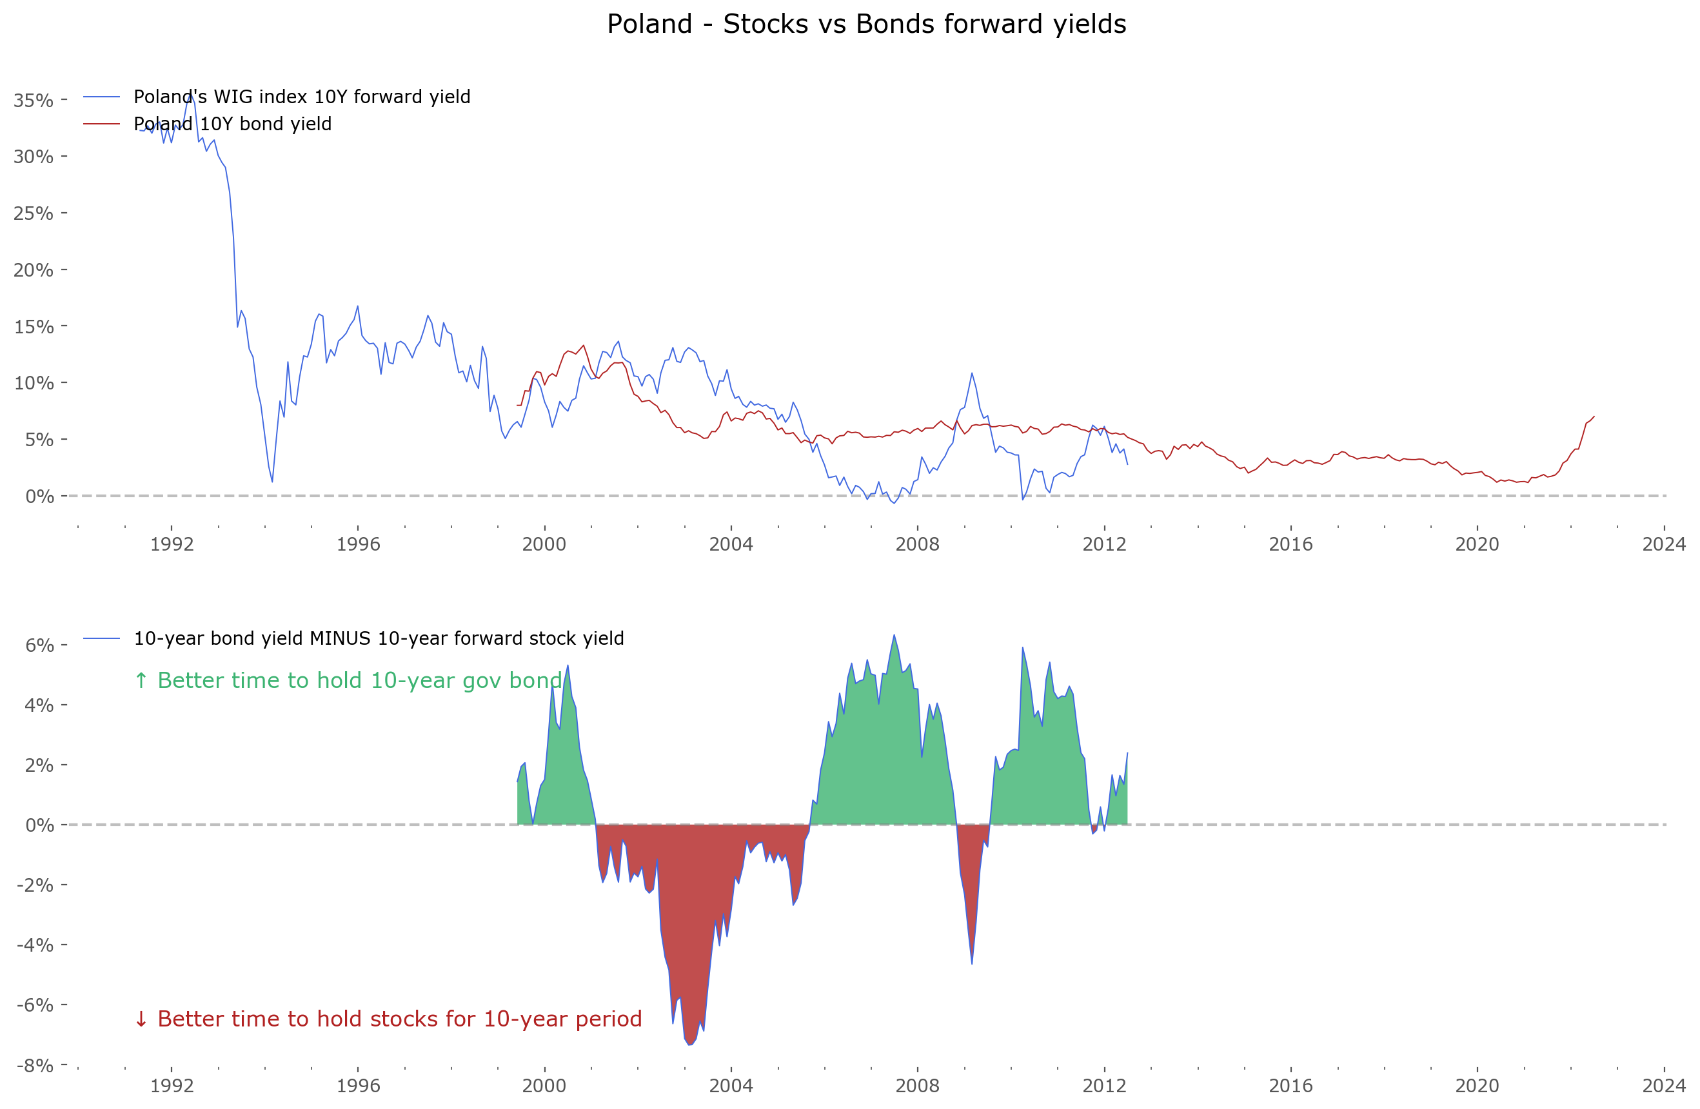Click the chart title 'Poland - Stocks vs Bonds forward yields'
coord(866,25)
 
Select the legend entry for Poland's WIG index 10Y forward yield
coord(301,97)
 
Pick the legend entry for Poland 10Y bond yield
coord(232,124)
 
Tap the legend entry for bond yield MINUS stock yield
coord(379,638)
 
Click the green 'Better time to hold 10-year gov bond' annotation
coord(348,680)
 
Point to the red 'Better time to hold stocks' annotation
coord(388,1019)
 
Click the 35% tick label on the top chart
coord(34,101)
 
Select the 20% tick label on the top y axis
coord(34,271)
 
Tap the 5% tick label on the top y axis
coord(39,440)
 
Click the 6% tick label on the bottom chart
coord(39,645)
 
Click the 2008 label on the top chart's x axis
coord(917,545)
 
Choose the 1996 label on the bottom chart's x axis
coord(358,1086)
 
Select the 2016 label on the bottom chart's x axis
coord(1290,1086)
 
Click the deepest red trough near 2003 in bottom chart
coord(689,1044)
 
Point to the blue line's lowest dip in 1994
coord(272,481)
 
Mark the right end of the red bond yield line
coord(1594,417)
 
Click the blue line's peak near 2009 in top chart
coord(971,373)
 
